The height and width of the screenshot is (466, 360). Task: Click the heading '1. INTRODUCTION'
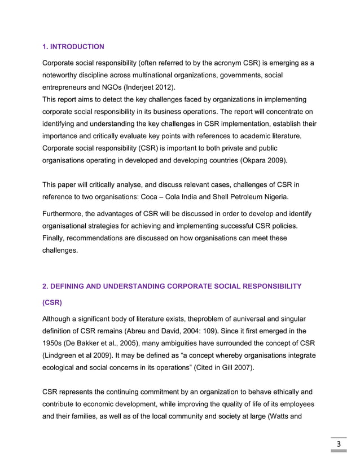(x=73, y=46)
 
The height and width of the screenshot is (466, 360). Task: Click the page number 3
(x=339, y=444)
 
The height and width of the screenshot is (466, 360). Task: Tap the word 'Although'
(x=60, y=320)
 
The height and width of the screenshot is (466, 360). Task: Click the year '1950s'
(x=55, y=344)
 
